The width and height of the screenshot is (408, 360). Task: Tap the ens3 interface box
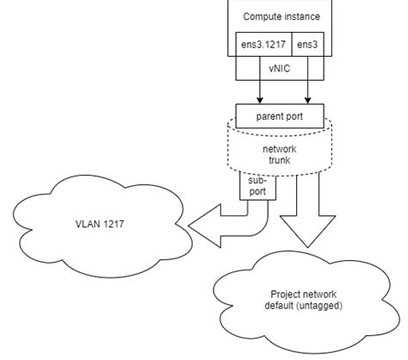(306, 44)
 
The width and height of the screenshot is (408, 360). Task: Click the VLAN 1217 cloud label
(99, 223)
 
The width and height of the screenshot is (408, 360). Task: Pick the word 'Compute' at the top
(262, 16)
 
